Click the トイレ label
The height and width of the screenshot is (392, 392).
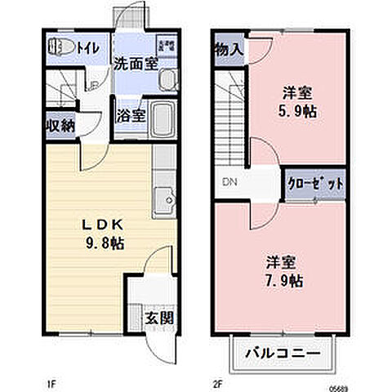point(89,47)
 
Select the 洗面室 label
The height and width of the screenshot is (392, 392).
point(135,63)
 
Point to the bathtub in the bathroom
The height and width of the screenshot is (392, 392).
point(164,121)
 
